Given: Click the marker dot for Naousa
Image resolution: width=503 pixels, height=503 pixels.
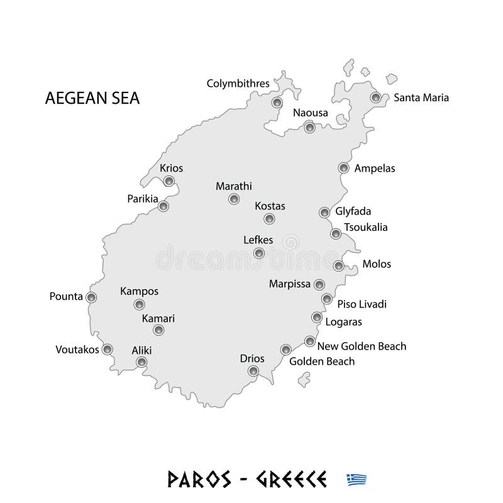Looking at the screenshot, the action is (309, 128).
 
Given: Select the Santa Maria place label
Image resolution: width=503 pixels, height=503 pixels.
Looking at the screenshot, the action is (421, 97).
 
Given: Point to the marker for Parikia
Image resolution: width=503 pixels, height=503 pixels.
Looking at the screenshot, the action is (163, 206).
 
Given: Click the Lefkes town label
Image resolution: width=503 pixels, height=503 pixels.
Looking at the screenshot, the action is (258, 240).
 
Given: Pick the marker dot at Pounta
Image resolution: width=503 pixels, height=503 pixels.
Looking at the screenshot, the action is (92, 297).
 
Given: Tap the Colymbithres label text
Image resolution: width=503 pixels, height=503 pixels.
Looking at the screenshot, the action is (238, 83).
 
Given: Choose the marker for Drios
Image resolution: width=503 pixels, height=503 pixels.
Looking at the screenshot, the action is (253, 372).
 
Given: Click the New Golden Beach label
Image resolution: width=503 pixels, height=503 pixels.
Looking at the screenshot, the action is (362, 346).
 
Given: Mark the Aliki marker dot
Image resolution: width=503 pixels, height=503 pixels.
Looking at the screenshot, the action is (142, 362).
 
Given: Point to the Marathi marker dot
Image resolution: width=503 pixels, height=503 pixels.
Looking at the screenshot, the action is (234, 199).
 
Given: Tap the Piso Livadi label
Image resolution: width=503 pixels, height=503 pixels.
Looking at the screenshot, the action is (362, 304).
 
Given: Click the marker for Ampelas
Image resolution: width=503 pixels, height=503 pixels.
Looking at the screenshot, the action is (343, 168).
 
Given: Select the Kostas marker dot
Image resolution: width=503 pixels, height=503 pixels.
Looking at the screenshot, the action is (270, 219).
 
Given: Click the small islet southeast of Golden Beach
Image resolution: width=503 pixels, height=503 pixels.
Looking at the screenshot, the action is (305, 379).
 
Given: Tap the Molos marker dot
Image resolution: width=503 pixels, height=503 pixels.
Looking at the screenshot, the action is (339, 266).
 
